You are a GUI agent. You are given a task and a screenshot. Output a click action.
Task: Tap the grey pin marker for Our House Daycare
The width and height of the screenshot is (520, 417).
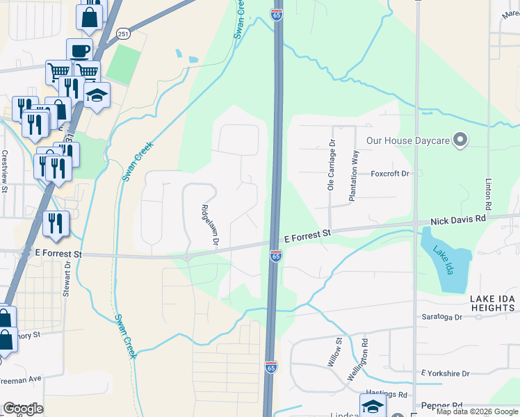(x=459, y=141)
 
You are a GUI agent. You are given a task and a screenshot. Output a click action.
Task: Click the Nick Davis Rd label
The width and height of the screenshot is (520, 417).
(x=460, y=220)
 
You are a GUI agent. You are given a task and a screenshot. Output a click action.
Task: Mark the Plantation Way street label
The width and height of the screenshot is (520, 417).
(x=353, y=176)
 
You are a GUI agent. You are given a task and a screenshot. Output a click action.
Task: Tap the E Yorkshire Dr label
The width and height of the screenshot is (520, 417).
(x=450, y=373)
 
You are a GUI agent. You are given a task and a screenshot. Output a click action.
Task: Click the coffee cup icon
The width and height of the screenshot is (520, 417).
(x=79, y=50)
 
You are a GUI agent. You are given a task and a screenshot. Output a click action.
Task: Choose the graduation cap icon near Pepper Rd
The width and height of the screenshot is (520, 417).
(x=373, y=405)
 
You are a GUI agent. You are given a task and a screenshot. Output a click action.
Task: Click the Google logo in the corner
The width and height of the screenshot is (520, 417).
(x=23, y=409)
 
